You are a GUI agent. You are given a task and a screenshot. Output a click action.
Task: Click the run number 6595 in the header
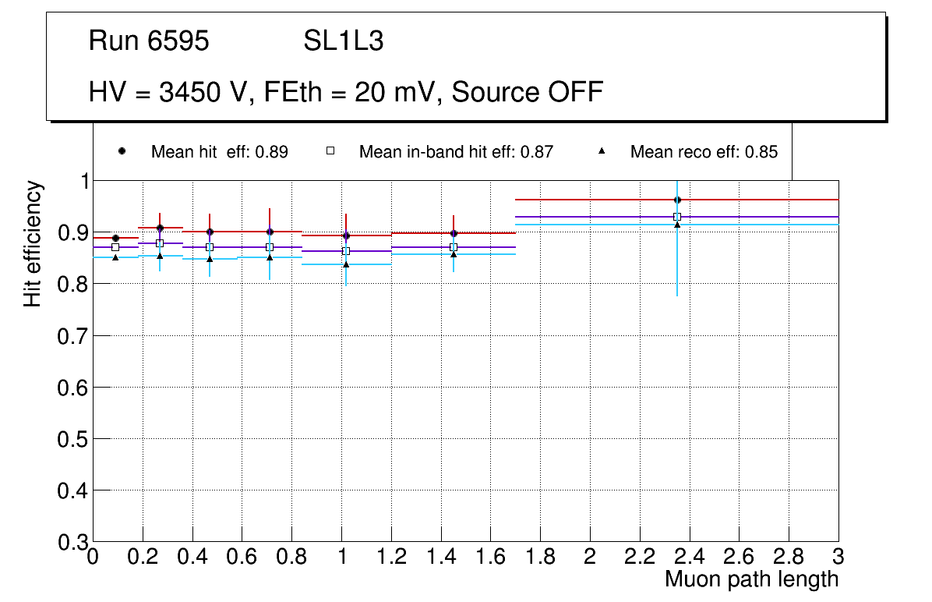178,41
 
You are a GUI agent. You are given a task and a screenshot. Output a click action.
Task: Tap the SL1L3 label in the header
344,41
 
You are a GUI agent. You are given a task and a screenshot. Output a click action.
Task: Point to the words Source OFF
528,92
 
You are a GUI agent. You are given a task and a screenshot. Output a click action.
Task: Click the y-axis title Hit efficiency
33,243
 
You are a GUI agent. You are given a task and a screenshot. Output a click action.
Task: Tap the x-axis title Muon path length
751,579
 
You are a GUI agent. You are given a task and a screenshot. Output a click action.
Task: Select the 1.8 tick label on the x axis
540,558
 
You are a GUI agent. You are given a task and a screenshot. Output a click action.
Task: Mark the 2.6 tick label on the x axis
739,558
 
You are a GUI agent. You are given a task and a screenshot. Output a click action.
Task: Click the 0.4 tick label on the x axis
192,558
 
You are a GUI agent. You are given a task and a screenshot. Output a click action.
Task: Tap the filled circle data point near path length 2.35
677,200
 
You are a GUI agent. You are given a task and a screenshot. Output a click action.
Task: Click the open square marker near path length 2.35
677,217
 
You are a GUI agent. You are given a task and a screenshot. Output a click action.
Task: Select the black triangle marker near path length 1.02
346,264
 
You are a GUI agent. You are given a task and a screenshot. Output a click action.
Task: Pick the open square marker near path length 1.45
454,247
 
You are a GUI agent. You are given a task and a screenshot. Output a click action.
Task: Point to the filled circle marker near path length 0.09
115,238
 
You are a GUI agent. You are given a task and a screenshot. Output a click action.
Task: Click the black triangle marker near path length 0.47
210,259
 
